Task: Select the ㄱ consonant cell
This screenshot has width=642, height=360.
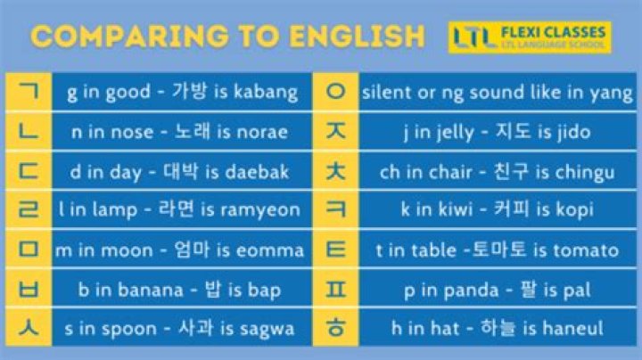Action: pyautogui.click(x=29, y=91)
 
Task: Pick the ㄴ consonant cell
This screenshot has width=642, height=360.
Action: pyautogui.click(x=29, y=131)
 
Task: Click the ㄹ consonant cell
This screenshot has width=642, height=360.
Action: pyautogui.click(x=29, y=210)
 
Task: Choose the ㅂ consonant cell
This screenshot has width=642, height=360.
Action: pyautogui.click(x=29, y=289)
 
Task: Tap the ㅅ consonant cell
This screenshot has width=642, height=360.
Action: pyautogui.click(x=29, y=328)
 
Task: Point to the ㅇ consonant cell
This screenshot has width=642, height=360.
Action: pyautogui.click(x=336, y=91)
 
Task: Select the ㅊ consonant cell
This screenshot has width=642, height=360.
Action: pyautogui.click(x=336, y=170)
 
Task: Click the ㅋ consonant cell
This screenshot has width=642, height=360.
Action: pyautogui.click(x=336, y=210)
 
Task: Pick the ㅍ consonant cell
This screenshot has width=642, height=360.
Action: pyautogui.click(x=336, y=289)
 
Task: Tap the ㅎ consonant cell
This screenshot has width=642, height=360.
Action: pyautogui.click(x=336, y=328)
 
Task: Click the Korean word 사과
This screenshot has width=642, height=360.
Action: pyautogui.click(x=196, y=329)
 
